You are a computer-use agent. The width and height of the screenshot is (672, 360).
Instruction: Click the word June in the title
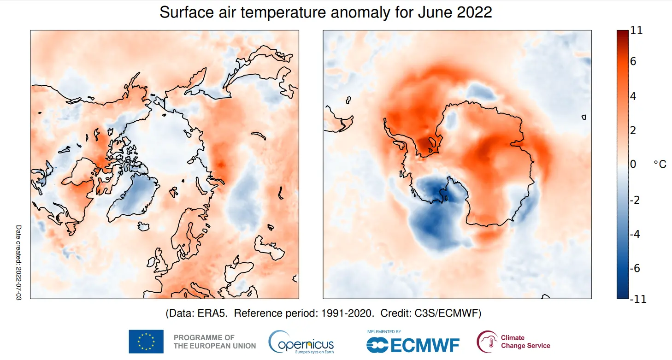pyautogui.click(x=434, y=12)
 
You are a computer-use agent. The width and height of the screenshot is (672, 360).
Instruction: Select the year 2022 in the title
pyautogui.click(x=474, y=12)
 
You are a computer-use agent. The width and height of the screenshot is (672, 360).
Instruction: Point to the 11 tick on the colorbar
pyautogui.click(x=636, y=31)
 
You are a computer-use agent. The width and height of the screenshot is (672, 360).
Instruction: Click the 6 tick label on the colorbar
pyautogui.click(x=633, y=61)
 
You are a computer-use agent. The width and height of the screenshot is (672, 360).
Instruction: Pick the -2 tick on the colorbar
pyautogui.click(x=635, y=200)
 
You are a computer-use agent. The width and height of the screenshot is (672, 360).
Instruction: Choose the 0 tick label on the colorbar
pyautogui.click(x=633, y=165)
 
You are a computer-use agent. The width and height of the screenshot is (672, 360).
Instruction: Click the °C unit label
pyautogui.click(x=660, y=165)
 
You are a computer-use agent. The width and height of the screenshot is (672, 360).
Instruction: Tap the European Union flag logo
pyautogui.click(x=146, y=342)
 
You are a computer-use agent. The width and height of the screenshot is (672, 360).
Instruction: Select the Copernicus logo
pyautogui.click(x=301, y=342)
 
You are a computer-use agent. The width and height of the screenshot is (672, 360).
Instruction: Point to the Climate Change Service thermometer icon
pyautogui.click(x=487, y=342)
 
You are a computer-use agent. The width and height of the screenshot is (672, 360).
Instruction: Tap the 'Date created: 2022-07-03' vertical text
pyautogui.click(x=19, y=263)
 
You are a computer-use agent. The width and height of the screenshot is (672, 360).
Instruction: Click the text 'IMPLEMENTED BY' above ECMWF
pyautogui.click(x=383, y=331)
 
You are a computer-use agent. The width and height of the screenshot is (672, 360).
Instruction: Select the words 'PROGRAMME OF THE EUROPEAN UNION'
pyautogui.click(x=214, y=342)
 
